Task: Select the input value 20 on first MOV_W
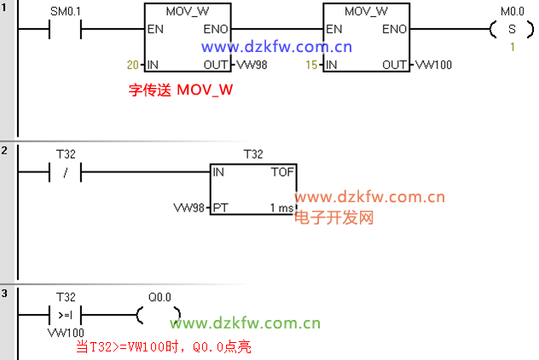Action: pyautogui.click(x=131, y=65)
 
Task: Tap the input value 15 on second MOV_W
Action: pyautogui.click(x=313, y=65)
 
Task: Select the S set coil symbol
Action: pyautogui.click(x=513, y=30)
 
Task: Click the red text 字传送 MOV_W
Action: pyautogui.click(x=181, y=89)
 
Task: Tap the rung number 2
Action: pyautogui.click(x=4, y=151)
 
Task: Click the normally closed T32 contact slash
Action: pyautogui.click(x=66, y=173)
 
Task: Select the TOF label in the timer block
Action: pyautogui.click(x=281, y=172)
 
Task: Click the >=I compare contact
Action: pyautogui.click(x=66, y=314)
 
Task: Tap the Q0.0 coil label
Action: pyautogui.click(x=159, y=297)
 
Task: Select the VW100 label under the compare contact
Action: pyautogui.click(x=66, y=332)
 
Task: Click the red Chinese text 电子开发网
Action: pyautogui.click(x=334, y=218)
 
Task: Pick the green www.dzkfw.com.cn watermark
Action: pyautogui.click(x=245, y=323)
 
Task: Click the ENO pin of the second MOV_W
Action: pyautogui.click(x=393, y=29)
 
